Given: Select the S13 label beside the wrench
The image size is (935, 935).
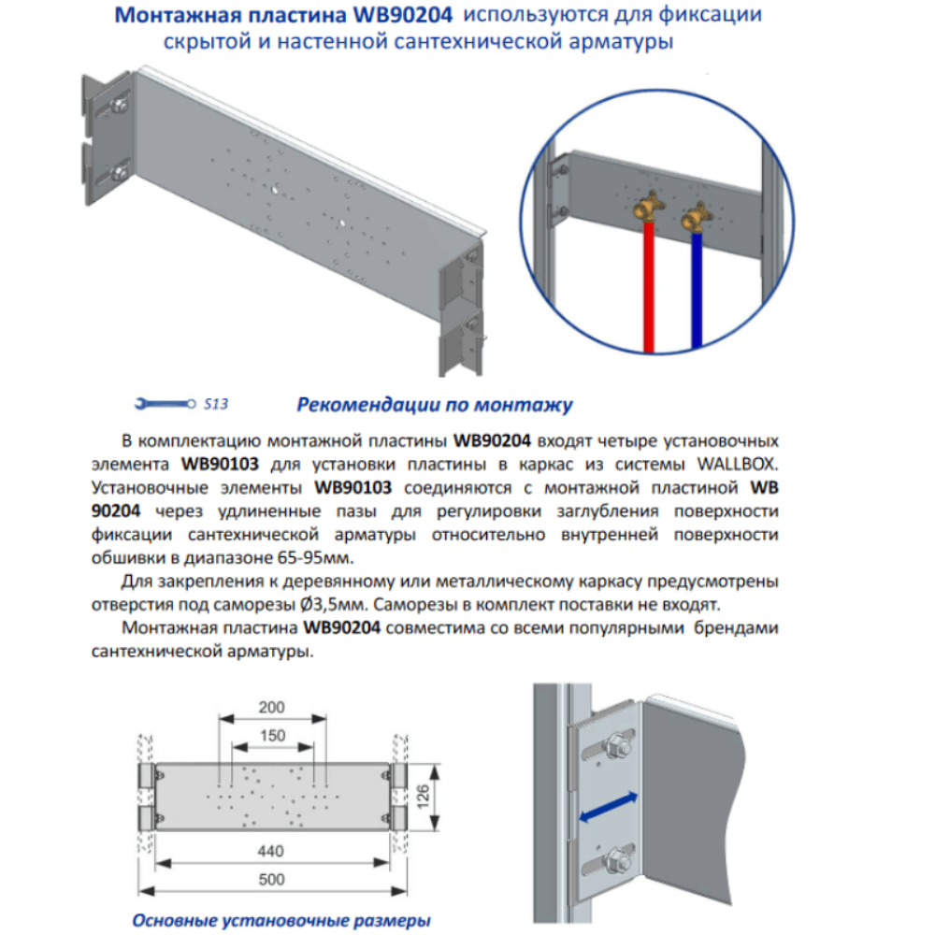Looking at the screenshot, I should (x=215, y=405).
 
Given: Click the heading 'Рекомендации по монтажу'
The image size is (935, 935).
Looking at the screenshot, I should (x=434, y=405).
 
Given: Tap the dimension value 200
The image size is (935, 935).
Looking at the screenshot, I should (x=272, y=707).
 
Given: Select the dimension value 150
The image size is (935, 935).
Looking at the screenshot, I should (x=272, y=736).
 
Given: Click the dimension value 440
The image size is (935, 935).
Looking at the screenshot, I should (x=272, y=851).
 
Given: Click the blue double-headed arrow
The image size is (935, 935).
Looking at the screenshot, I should (x=610, y=807).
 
